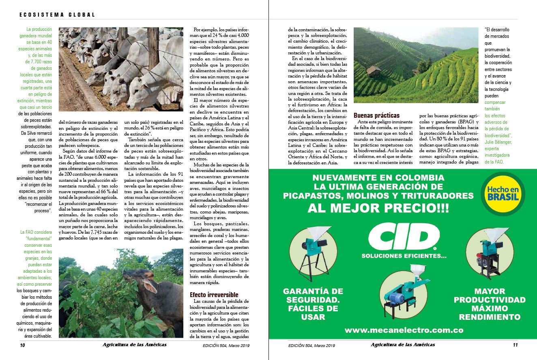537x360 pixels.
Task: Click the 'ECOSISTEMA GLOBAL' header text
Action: (57, 15)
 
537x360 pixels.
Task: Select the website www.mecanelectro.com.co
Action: (404, 330)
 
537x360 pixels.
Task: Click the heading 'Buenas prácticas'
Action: (376, 115)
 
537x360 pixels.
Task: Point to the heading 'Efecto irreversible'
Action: (214, 295)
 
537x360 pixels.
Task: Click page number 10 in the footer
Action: (23, 345)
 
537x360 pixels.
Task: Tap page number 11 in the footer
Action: (515, 345)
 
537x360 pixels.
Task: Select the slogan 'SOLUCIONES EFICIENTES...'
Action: (404, 256)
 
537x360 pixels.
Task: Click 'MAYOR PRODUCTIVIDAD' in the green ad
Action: (490, 295)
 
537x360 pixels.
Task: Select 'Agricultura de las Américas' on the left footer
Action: (135, 345)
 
